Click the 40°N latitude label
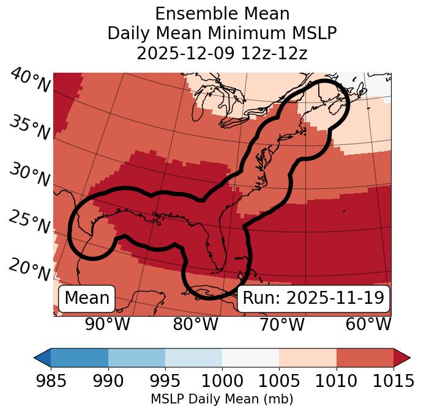click(x=29, y=81)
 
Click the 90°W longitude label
click(x=107, y=324)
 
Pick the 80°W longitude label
click(x=195, y=324)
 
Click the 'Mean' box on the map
click(x=87, y=298)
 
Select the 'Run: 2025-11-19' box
click(x=313, y=298)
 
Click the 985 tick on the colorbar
click(x=51, y=381)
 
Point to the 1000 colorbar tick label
click(x=222, y=381)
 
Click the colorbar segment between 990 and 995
click(x=136, y=357)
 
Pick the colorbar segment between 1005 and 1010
click(x=308, y=357)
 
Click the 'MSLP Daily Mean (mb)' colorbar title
click(x=222, y=399)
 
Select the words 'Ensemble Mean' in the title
click(x=222, y=13)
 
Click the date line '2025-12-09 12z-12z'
click(x=222, y=53)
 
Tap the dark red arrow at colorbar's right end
click(x=402, y=357)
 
